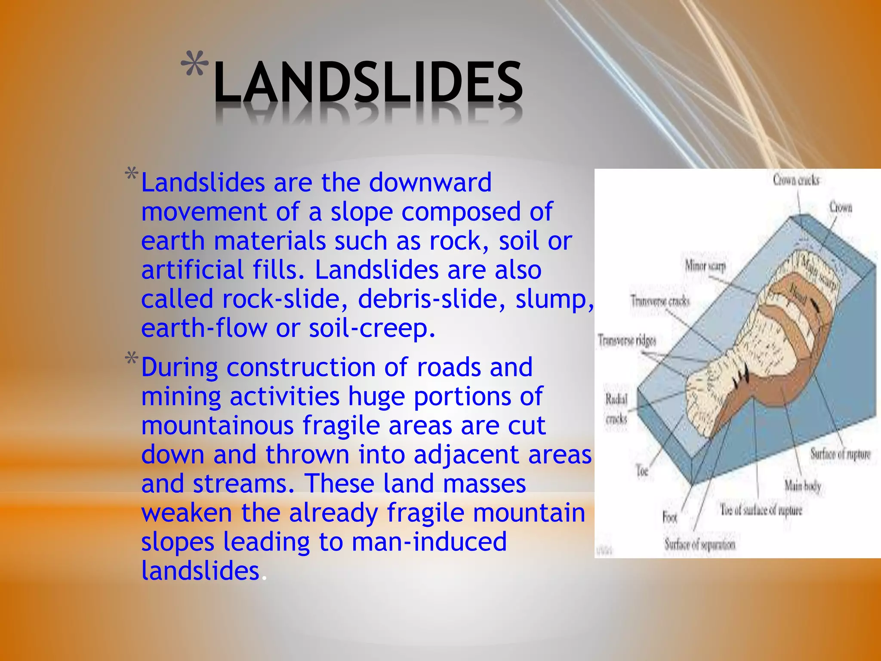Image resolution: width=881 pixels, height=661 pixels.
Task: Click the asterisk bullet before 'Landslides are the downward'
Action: (x=132, y=176)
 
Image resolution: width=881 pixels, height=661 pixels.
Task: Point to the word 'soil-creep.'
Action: (x=372, y=328)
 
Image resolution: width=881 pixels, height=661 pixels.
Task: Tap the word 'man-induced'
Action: (x=429, y=541)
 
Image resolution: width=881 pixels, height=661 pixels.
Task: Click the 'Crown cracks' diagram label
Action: (x=796, y=180)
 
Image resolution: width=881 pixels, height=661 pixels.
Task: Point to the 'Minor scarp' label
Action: (x=705, y=266)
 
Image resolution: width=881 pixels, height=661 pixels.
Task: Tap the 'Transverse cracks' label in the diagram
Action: (x=660, y=301)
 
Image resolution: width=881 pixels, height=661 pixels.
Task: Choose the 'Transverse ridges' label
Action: (x=627, y=340)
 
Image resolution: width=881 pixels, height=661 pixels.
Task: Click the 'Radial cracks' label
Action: (x=616, y=408)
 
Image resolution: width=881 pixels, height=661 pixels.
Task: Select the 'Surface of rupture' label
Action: (x=840, y=454)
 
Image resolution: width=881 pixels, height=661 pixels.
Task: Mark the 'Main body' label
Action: (x=803, y=486)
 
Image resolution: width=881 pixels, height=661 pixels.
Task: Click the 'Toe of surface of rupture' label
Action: (x=761, y=510)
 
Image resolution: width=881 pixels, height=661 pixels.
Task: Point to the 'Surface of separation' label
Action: (x=700, y=544)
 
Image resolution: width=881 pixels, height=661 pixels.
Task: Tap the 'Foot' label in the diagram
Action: (x=670, y=517)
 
